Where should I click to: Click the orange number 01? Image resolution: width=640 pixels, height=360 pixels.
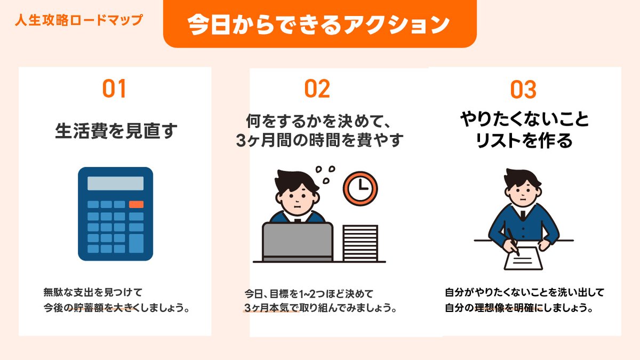point(114,89)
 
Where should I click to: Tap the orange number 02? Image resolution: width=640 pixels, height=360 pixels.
point(317,89)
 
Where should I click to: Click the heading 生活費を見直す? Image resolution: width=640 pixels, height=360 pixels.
point(116,131)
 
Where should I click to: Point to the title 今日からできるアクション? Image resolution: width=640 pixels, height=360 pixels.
point(319,25)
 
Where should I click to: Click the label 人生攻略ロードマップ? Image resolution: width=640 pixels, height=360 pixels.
point(78,20)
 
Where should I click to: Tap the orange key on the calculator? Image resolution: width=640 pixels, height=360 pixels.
point(136,204)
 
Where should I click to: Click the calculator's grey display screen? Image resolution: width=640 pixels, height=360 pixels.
point(116,183)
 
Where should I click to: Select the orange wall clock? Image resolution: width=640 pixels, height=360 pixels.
point(360,187)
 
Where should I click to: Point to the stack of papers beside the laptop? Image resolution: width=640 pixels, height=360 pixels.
point(360,243)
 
